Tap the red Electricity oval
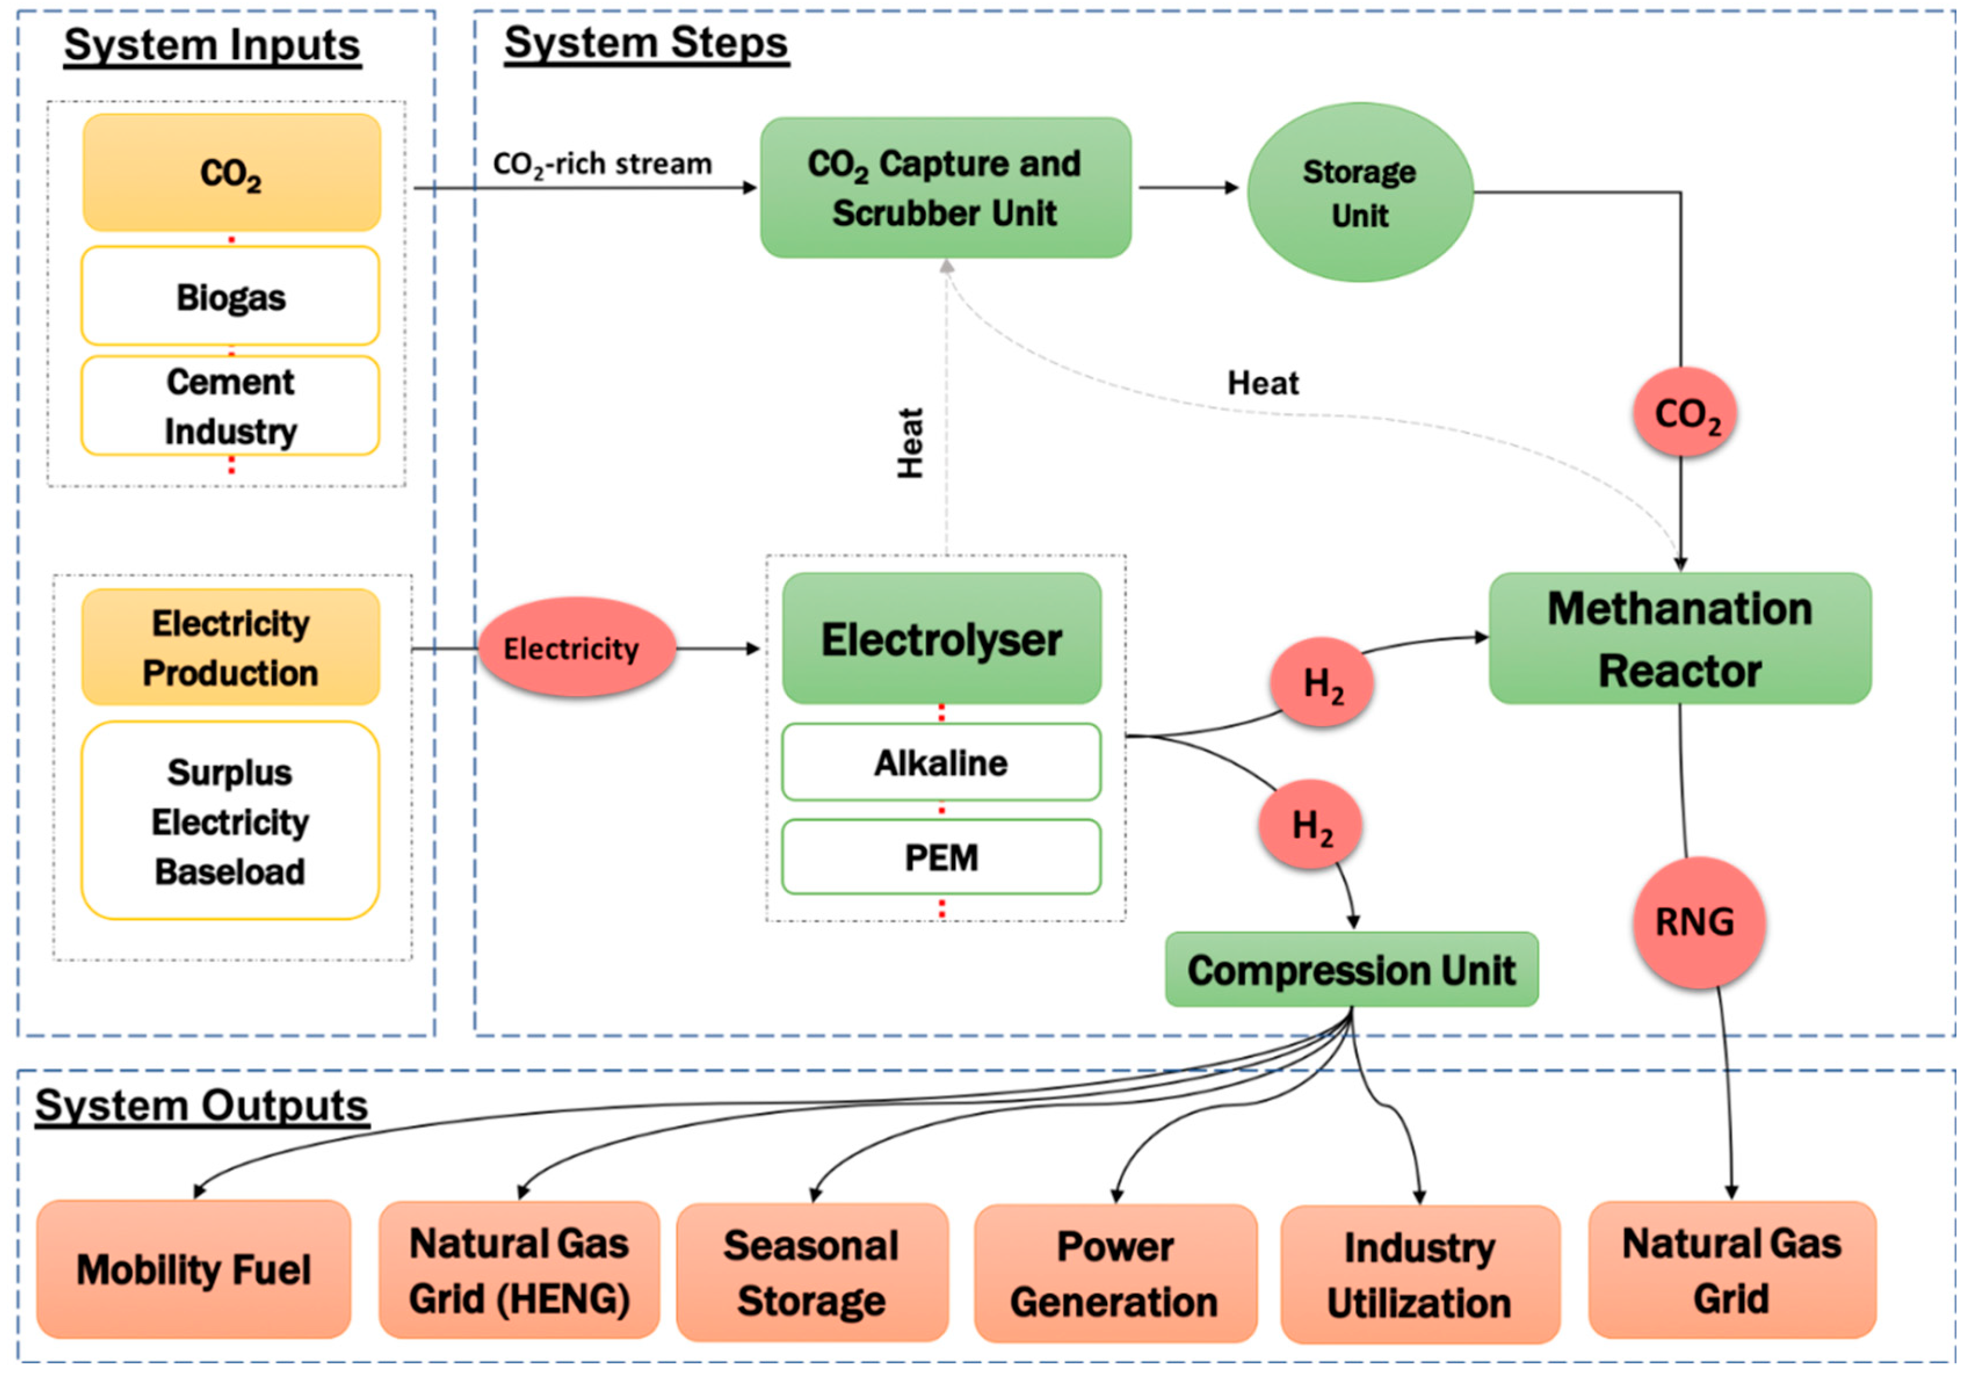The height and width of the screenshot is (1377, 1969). [x=576, y=647]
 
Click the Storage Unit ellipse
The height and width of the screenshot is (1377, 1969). [x=1360, y=192]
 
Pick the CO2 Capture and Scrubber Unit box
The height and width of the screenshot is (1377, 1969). [x=945, y=188]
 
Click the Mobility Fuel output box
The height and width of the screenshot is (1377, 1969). [x=194, y=1269]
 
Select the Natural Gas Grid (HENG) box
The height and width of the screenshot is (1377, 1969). [x=519, y=1270]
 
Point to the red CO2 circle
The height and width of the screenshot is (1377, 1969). [x=1685, y=413]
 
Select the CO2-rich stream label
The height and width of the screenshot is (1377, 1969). [x=602, y=164]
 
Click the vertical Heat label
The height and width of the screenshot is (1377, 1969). [x=911, y=443]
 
